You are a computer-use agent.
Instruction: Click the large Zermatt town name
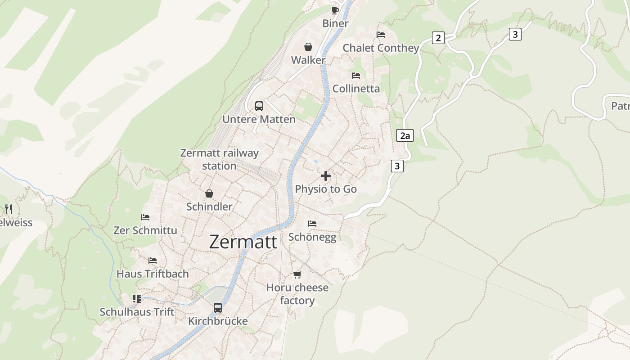[x=243, y=242]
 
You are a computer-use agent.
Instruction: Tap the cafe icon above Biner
[x=335, y=10]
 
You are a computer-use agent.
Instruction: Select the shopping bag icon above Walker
[x=308, y=47]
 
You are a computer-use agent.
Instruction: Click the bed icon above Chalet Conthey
[x=381, y=35]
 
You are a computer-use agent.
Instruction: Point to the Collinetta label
[x=356, y=89]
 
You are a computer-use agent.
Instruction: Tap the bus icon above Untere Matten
[x=259, y=106]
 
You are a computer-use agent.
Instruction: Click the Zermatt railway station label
[x=219, y=159]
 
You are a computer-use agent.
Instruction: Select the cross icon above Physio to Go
[x=326, y=176]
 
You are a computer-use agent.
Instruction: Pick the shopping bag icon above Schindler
[x=209, y=194]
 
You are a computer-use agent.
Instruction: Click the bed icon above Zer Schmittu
[x=145, y=217]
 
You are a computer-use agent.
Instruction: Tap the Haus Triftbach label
[x=153, y=274]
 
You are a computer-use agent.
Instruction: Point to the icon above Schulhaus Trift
[x=137, y=299]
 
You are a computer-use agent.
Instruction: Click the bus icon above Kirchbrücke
[x=218, y=308]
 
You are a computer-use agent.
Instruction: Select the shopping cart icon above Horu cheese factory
[x=297, y=274]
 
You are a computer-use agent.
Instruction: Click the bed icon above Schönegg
[x=312, y=224]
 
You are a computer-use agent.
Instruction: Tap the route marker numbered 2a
[x=405, y=135]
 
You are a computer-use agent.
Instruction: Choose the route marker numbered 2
[x=438, y=38]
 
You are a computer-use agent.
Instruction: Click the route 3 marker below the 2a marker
[x=396, y=166]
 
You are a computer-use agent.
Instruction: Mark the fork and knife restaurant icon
[x=8, y=209]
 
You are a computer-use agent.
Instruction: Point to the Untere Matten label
[x=259, y=119]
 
